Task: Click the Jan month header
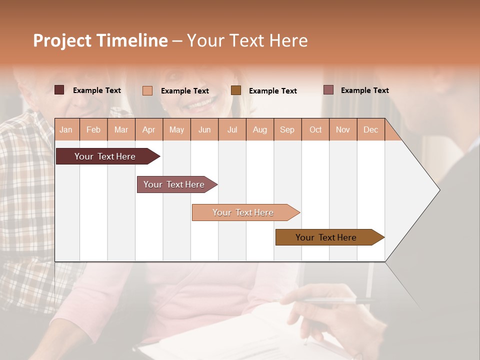[x=66, y=129]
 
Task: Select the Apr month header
[x=149, y=129]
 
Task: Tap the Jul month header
[x=232, y=129]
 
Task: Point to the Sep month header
[x=287, y=129]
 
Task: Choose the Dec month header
[x=370, y=129]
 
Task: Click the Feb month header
[x=93, y=129]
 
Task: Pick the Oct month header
[x=315, y=129]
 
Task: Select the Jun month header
[x=204, y=129]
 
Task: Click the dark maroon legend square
[x=59, y=90]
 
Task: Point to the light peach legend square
[x=147, y=90]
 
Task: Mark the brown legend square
[x=236, y=90]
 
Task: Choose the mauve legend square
[x=328, y=90]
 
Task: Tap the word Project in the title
[x=62, y=40]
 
